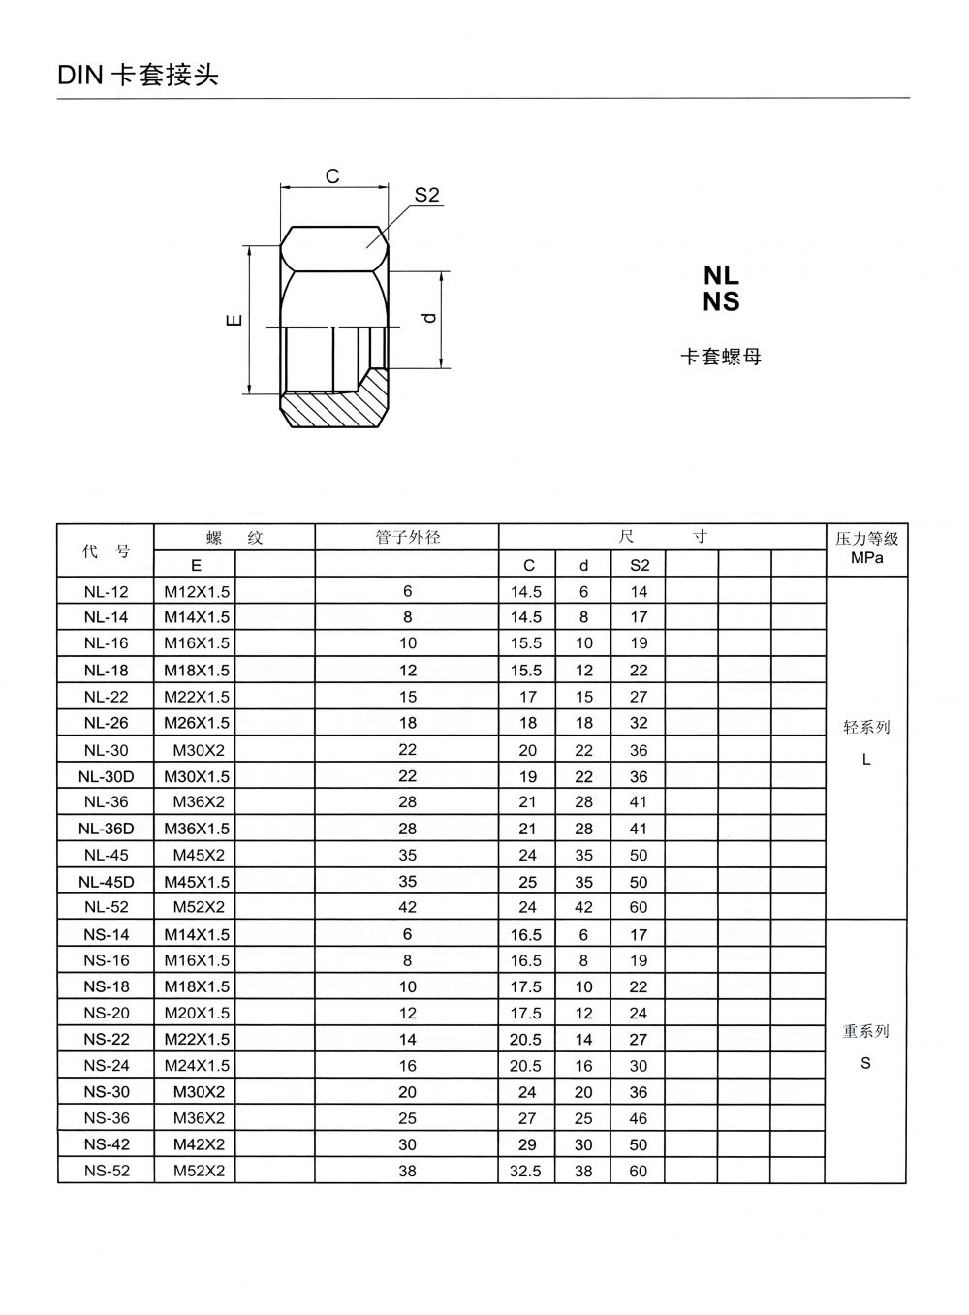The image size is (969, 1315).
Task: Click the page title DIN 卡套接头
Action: [x=139, y=76]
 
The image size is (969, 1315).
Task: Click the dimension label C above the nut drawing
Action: [x=332, y=176]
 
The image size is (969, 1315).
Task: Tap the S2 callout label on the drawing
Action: [x=427, y=195]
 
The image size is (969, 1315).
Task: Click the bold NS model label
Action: [x=721, y=302]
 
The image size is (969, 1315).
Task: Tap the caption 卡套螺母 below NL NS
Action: [x=721, y=357]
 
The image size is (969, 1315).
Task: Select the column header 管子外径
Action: [x=407, y=537]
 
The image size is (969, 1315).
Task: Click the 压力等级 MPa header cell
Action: [x=866, y=548]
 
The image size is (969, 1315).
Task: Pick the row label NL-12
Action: [x=106, y=591]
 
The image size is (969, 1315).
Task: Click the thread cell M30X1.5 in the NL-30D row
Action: [x=197, y=776]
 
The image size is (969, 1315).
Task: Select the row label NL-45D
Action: [x=106, y=882]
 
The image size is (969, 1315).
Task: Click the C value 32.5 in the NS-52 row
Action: [x=525, y=1171]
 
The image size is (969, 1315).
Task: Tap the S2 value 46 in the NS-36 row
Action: [x=639, y=1118]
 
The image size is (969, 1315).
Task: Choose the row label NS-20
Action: [x=106, y=1013]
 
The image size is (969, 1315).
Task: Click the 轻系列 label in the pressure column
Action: [x=866, y=727]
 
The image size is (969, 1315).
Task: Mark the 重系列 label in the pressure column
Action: [x=866, y=1031]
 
